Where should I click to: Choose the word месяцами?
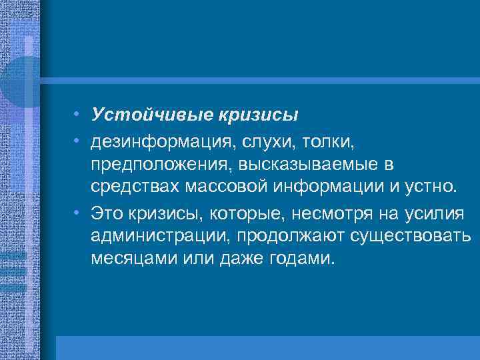(x=133, y=259)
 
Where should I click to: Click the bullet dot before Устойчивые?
(x=78, y=115)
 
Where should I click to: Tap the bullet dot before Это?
(x=78, y=211)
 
